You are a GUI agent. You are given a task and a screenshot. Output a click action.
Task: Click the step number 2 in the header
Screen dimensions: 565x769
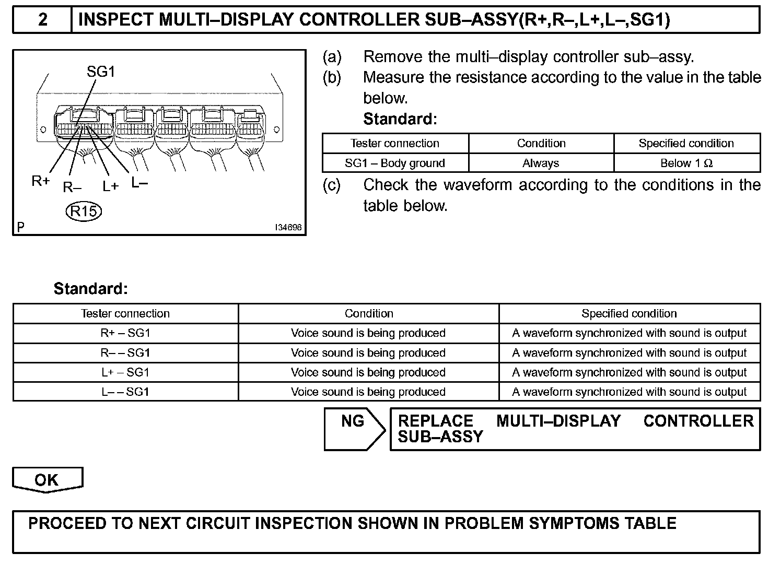pyautogui.click(x=43, y=20)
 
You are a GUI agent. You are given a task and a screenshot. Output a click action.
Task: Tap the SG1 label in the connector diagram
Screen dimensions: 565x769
pyautogui.click(x=100, y=72)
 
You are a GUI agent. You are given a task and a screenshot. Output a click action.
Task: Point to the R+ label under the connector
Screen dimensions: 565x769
pyautogui.click(x=41, y=181)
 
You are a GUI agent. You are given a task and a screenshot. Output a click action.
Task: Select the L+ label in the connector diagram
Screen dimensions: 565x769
pyautogui.click(x=110, y=186)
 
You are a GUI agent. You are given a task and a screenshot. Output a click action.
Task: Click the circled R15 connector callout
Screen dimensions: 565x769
pyautogui.click(x=84, y=211)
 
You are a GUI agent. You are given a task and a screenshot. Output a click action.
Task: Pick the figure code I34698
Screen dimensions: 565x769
pyautogui.click(x=288, y=228)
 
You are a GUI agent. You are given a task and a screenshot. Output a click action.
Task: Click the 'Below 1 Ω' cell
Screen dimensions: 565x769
pyautogui.click(x=686, y=163)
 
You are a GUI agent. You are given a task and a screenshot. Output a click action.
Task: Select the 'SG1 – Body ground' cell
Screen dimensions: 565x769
pyautogui.click(x=395, y=163)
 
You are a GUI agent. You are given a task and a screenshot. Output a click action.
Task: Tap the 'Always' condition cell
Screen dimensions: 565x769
pyautogui.click(x=541, y=163)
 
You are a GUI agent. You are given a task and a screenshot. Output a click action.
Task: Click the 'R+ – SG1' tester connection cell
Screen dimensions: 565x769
pyautogui.click(x=125, y=333)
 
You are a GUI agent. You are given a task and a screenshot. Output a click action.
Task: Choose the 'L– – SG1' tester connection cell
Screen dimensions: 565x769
pyautogui.click(x=125, y=392)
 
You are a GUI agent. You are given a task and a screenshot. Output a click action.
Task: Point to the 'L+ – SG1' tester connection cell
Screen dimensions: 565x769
pyautogui.click(x=125, y=372)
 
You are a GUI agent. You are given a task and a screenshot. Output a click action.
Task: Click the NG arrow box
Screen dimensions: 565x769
pyautogui.click(x=354, y=428)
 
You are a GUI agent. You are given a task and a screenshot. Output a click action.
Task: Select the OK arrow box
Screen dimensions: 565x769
pyautogui.click(x=47, y=480)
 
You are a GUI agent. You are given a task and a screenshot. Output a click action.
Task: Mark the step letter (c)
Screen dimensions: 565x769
pyautogui.click(x=332, y=185)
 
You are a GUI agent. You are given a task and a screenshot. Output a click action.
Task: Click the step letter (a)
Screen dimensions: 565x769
pyautogui.click(x=332, y=56)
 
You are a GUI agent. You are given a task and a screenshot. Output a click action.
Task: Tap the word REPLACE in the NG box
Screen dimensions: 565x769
pyautogui.click(x=435, y=421)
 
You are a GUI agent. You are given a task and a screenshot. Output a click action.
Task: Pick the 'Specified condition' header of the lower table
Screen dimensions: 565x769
pyautogui.click(x=629, y=313)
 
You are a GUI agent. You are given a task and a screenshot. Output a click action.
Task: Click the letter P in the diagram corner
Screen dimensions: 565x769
pyautogui.click(x=20, y=227)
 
